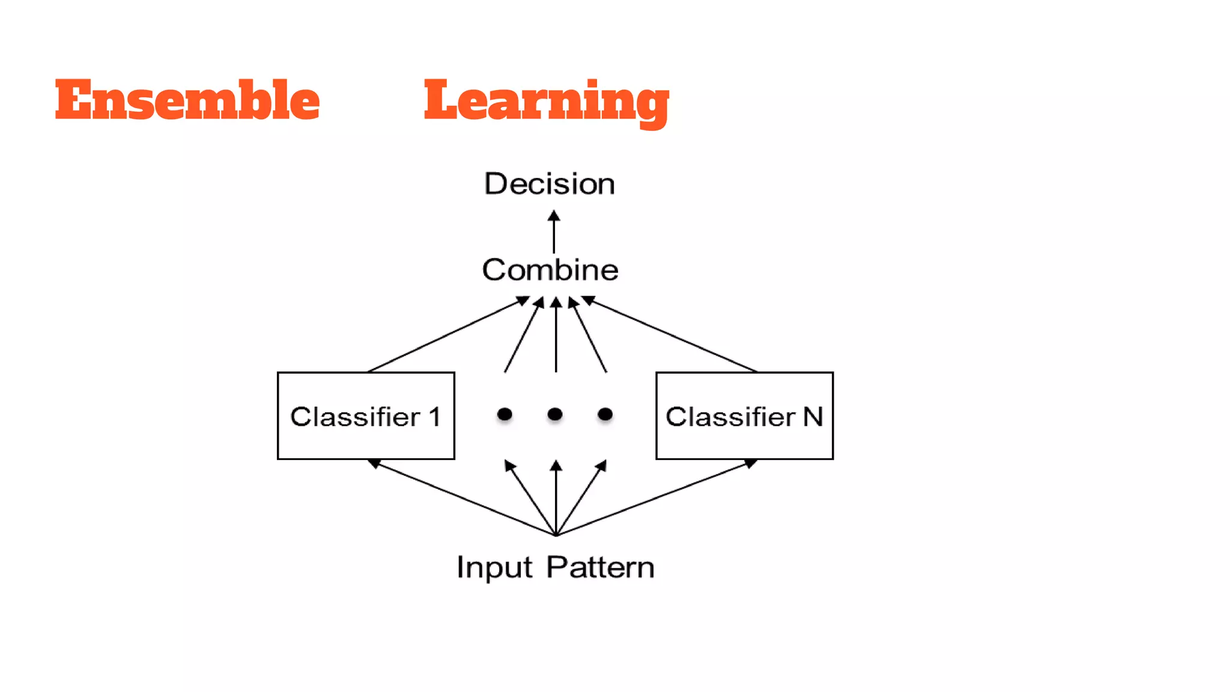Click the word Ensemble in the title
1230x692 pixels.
[x=187, y=100]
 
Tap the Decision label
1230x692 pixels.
[x=550, y=184]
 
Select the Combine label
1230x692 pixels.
[x=550, y=270]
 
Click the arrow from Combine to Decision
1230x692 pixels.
[x=554, y=233]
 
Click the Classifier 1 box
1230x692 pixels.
[x=366, y=416]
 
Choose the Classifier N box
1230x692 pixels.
[x=744, y=416]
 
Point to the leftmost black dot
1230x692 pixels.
[x=504, y=414]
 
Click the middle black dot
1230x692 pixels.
[x=555, y=414]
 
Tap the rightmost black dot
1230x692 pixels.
[x=605, y=414]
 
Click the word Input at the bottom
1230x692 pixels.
[x=494, y=568]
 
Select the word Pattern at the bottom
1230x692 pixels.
[x=600, y=568]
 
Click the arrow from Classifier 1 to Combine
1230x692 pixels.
[x=447, y=335]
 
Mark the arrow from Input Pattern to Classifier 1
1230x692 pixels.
[x=462, y=498]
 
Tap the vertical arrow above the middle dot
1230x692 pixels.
[x=556, y=336]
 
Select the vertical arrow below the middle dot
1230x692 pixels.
[x=556, y=499]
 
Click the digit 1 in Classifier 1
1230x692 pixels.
[x=434, y=417]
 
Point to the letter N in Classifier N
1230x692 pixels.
[x=813, y=417]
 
